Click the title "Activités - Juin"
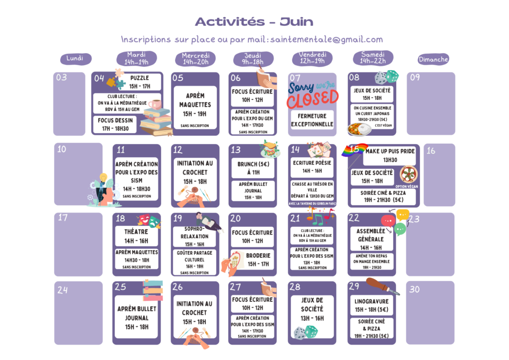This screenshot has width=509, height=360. [254, 21]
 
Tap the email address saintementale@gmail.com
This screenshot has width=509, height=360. [327, 39]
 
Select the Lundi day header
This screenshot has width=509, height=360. [76, 59]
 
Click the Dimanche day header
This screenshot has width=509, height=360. [433, 59]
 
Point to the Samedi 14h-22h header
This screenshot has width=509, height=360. [373, 58]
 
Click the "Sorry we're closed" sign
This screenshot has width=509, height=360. [312, 95]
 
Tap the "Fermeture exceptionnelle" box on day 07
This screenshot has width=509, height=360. [312, 120]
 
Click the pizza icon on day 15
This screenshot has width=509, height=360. [408, 175]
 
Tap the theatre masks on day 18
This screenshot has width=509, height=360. [150, 220]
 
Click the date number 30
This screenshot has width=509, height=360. [414, 289]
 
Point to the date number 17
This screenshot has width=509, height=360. [63, 217]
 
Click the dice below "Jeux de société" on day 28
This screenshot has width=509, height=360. [305, 332]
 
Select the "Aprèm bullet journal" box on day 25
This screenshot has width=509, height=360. [136, 317]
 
